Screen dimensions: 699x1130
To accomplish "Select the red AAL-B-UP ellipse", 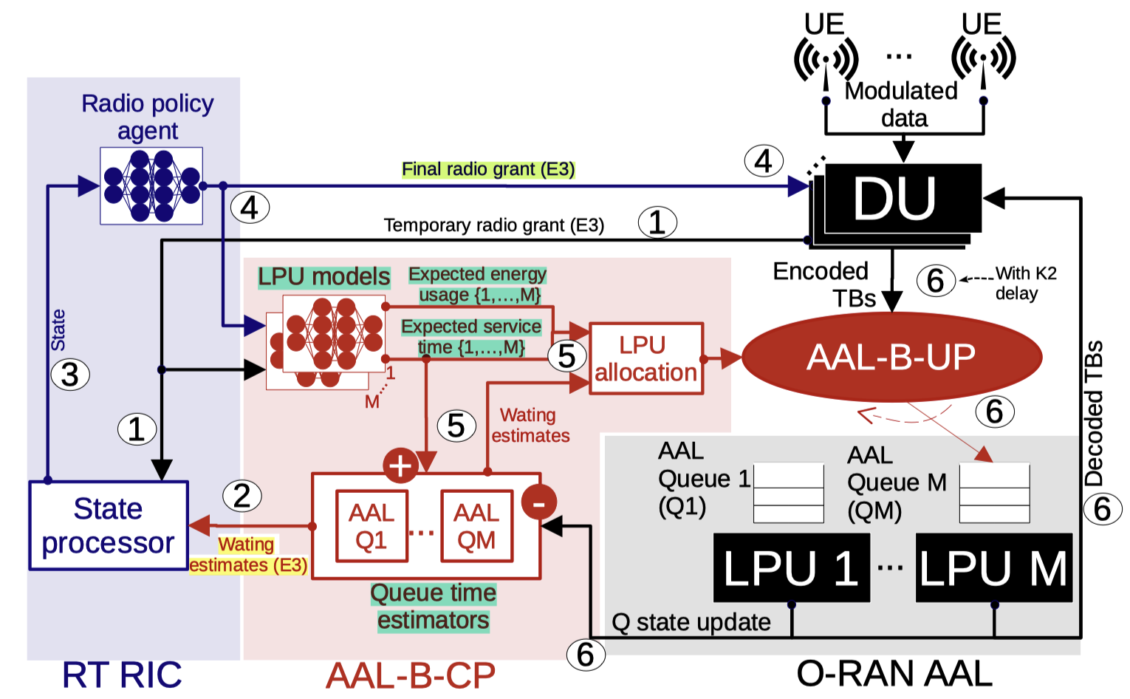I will click(x=891, y=358).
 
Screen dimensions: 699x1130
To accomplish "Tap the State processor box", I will click(x=109, y=525).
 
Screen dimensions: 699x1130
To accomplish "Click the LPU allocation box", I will click(x=646, y=358).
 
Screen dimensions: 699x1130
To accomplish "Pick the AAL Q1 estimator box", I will click(x=371, y=526).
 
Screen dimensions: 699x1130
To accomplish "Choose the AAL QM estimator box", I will click(x=476, y=526).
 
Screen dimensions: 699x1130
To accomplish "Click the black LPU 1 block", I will click(x=791, y=567).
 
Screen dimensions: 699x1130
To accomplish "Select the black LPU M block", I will click(x=993, y=567).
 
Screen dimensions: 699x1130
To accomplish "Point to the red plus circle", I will click(x=400, y=466).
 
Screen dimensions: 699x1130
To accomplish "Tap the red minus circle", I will click(x=539, y=503).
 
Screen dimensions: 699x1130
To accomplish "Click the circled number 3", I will click(x=70, y=375).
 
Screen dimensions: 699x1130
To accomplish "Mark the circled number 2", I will click(x=242, y=495).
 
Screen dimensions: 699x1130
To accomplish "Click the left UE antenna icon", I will click(x=826, y=58).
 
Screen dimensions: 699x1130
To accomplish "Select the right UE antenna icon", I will click(x=983, y=58).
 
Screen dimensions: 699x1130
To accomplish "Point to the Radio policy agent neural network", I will click(x=151, y=185).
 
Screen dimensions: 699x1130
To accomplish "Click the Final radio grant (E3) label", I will click(x=488, y=169).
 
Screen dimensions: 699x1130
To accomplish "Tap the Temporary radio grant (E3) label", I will click(x=493, y=225).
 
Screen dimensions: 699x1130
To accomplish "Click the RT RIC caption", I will click(x=122, y=675).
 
